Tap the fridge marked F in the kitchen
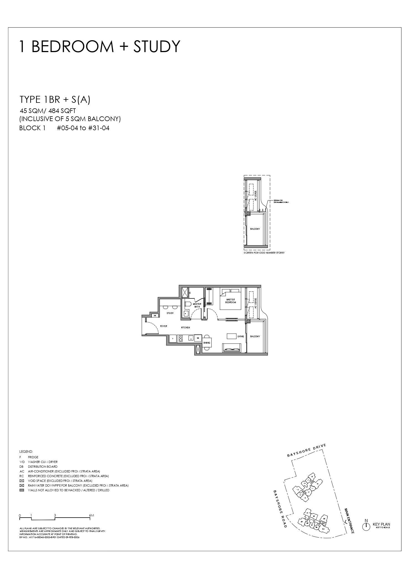coord(173,339)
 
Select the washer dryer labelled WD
coord(198,338)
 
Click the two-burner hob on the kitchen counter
coord(180,339)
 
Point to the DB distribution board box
coord(155,315)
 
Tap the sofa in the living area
coord(232,348)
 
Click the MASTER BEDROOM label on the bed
coord(231,301)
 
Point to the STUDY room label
coord(170,313)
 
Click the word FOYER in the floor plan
coord(163,326)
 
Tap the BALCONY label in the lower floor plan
coord(255,336)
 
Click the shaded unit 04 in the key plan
coord(323,523)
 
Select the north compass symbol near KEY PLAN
coord(366,526)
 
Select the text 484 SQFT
coord(62,111)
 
